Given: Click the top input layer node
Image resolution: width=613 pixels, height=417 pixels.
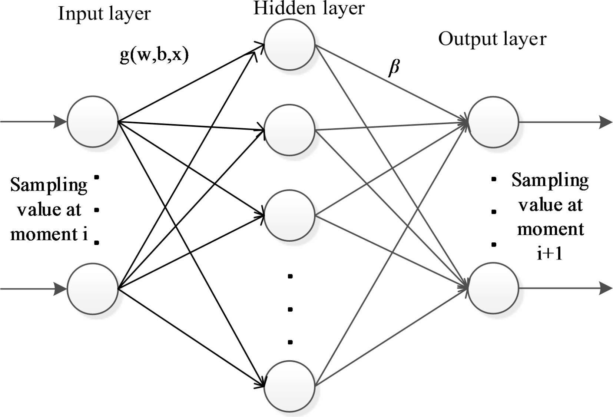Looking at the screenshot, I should point(93,122).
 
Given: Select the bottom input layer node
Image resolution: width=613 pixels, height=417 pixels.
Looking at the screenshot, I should point(93,289).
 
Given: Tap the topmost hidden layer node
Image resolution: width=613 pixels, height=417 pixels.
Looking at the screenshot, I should point(289,44).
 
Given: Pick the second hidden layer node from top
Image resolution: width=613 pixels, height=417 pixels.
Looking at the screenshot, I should point(289,130).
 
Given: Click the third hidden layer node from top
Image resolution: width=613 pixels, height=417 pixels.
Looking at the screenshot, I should point(289,215).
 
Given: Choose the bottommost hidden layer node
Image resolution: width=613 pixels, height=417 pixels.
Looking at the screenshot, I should point(289,385).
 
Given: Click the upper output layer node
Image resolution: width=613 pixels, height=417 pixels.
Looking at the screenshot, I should point(493,122).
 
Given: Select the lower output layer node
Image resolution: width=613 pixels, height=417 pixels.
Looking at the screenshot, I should point(493,288).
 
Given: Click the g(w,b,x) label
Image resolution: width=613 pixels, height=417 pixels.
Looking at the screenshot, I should point(154,56).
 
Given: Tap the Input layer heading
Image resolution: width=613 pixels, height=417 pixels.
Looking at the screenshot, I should point(105,14).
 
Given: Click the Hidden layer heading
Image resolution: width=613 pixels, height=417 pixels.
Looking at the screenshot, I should point(309,8).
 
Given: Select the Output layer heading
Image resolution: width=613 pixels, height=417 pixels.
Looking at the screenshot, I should point(492,39).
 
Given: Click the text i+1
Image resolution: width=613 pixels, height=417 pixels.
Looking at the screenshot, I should point(550,254).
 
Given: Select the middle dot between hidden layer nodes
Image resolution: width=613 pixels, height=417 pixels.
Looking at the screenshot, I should point(290,309).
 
